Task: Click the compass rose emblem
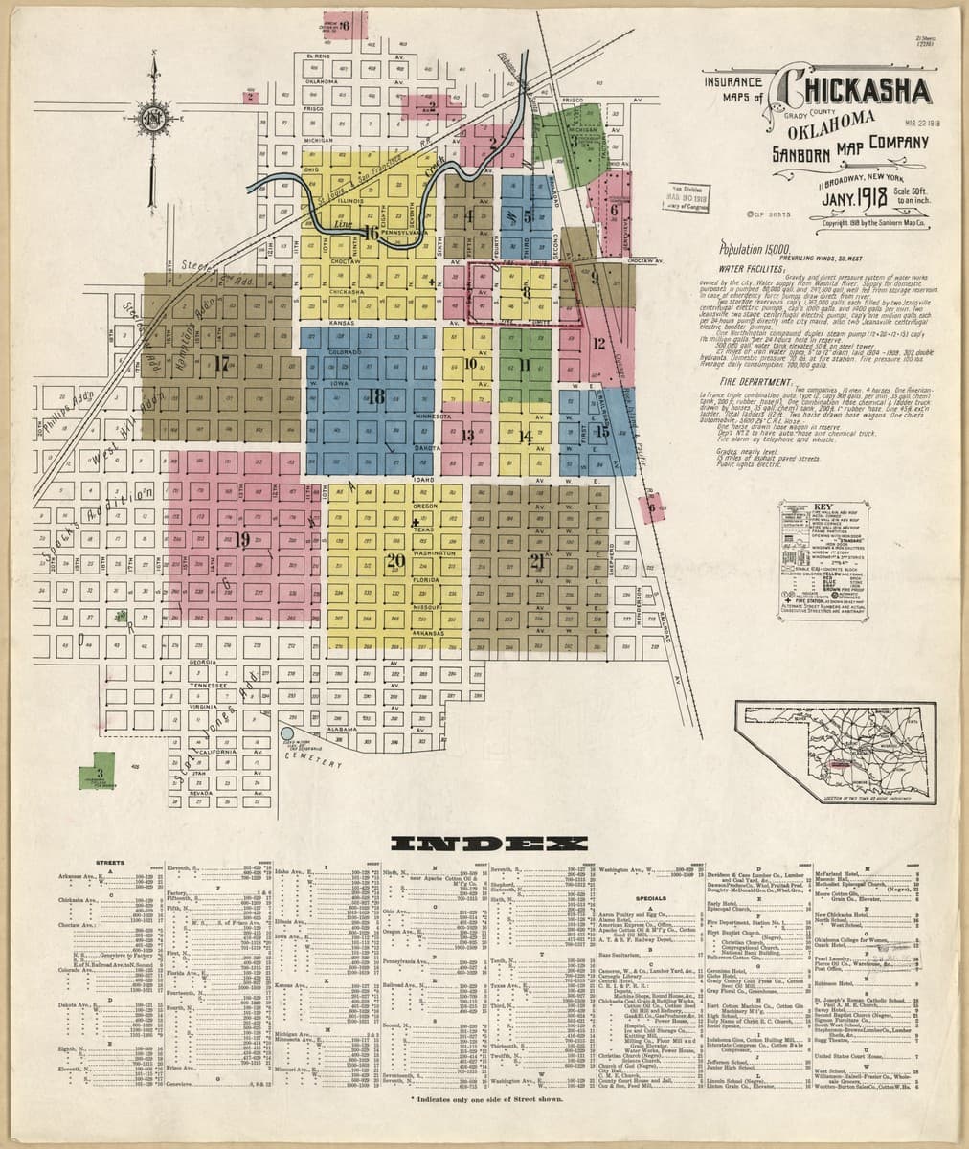point(152,119)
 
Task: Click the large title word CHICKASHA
point(855,91)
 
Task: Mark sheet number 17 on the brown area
point(222,363)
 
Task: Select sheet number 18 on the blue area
point(375,395)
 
